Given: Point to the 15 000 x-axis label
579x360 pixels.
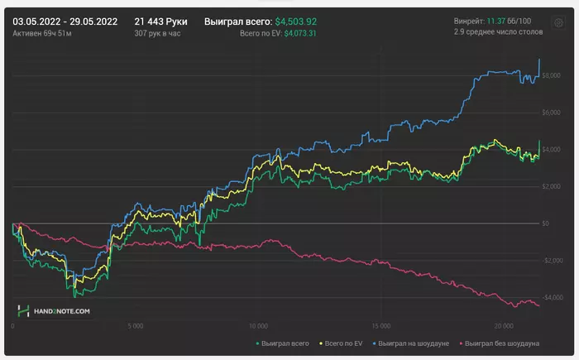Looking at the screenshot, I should click(381, 325).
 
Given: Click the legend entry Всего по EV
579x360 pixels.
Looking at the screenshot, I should click(341, 342).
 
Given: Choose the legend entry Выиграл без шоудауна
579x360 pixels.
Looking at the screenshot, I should click(502, 342).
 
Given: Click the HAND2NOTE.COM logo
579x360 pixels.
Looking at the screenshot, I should click(54, 310).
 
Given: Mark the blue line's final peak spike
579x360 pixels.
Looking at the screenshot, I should click(539, 60).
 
